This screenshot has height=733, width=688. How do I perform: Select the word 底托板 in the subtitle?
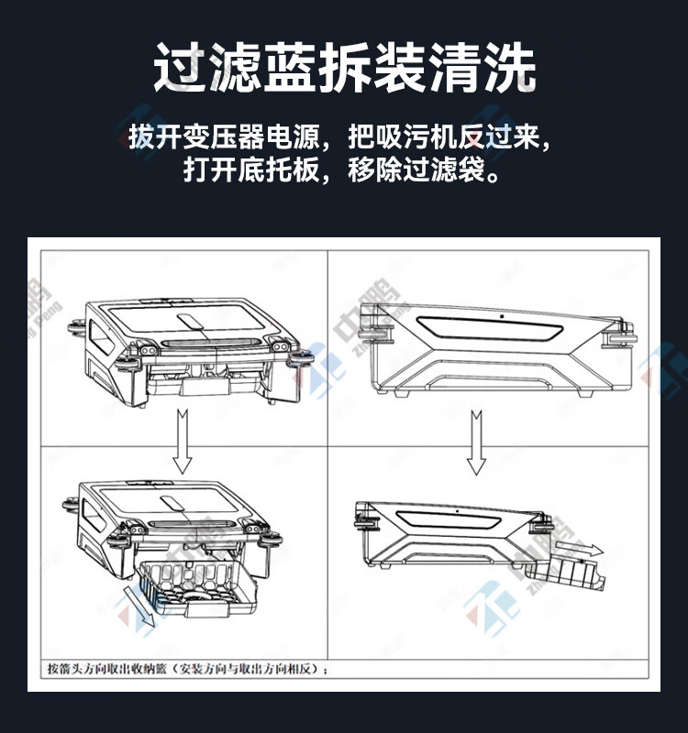pyautogui.click(x=280, y=171)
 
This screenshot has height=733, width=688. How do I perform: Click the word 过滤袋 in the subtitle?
pyautogui.click(x=447, y=171)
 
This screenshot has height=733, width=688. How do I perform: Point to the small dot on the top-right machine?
pyautogui.click(x=503, y=316)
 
